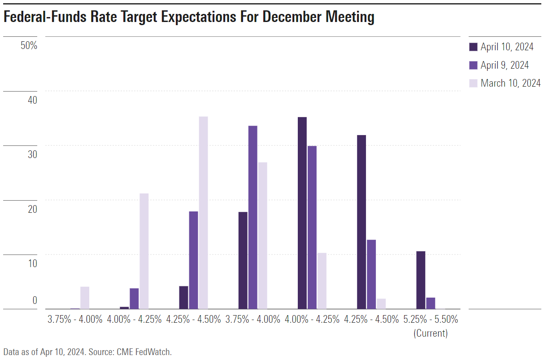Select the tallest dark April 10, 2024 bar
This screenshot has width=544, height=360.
tap(302, 213)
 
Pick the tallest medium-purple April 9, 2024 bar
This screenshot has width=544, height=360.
tap(252, 217)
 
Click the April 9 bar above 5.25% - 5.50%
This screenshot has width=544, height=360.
tap(431, 303)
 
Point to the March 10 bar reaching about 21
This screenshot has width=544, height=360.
tap(144, 251)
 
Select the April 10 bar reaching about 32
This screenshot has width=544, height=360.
tap(361, 222)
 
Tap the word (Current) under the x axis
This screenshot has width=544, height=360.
tap(430, 333)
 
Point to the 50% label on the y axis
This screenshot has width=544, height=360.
tap(29, 46)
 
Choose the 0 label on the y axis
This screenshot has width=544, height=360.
tap(34, 300)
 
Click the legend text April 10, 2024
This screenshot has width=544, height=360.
tap(507, 47)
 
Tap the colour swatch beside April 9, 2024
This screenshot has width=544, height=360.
tap(473, 65)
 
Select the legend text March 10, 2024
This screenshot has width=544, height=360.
tap(510, 83)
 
